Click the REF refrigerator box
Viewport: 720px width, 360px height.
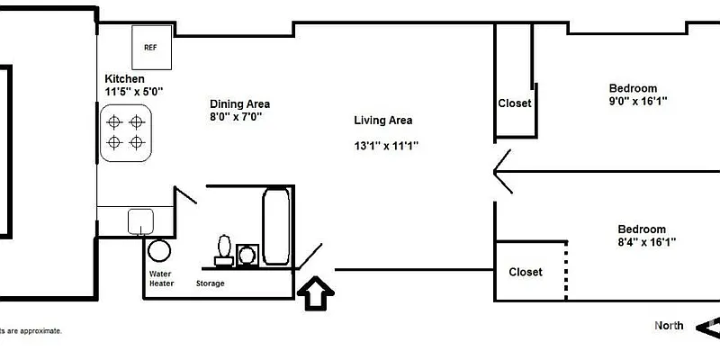coord(150,47)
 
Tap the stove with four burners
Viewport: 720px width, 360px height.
coord(125,131)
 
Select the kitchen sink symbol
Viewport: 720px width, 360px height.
coord(139,220)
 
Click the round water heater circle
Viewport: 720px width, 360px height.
coord(159,251)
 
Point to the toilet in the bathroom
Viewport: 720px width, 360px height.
coord(224,248)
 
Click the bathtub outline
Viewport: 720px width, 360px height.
coord(275,226)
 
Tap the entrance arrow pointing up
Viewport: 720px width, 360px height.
coord(316,292)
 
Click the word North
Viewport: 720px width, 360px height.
coord(669,326)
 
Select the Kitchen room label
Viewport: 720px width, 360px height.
coord(124,79)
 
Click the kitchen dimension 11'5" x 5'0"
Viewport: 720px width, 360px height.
coord(134,92)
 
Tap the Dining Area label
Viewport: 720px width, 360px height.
coord(239,103)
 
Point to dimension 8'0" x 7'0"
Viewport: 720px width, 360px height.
coord(236,116)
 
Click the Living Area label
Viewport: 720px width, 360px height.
coord(382,120)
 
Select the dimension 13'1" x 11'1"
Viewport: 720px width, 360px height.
coord(386,145)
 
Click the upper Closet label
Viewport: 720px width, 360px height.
coord(515,103)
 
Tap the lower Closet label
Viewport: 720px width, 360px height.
coord(526,272)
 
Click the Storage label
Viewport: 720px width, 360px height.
coord(211,283)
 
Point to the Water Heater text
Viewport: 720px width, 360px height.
coord(162,278)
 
